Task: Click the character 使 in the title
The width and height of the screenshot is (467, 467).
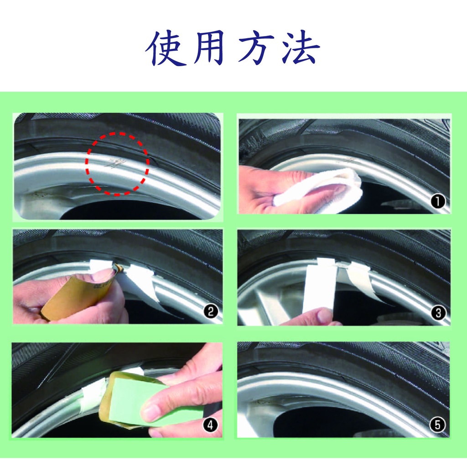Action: point(166,47)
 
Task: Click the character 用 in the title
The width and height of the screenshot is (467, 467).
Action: point(209,47)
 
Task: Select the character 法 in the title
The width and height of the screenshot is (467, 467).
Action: point(301,47)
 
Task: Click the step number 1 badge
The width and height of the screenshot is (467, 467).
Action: point(438,202)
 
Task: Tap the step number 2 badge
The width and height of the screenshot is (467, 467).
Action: point(211,312)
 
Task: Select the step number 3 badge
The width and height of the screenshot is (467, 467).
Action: point(438,313)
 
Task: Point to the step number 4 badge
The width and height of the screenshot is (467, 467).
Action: point(210,425)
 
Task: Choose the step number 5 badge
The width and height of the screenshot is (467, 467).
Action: point(437,425)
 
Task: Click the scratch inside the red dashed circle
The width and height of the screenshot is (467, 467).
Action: point(115,163)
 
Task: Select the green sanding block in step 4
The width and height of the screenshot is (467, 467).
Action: point(149,400)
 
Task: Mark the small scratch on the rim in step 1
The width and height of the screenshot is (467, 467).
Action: point(349,161)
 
